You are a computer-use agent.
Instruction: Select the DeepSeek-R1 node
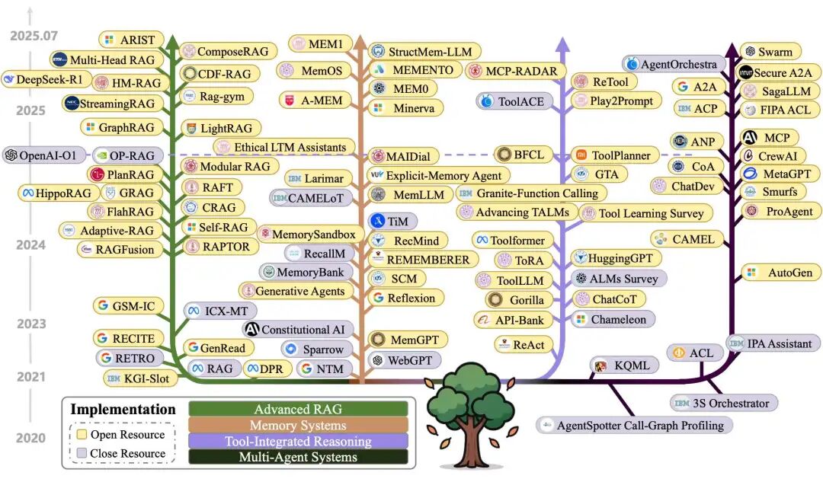click(45, 80)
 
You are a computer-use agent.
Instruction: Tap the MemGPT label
click(408, 340)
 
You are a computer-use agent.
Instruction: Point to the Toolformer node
click(512, 240)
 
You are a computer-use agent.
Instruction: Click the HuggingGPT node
click(615, 258)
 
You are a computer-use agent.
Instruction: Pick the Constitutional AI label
click(298, 330)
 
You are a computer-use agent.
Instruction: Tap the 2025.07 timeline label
click(34, 36)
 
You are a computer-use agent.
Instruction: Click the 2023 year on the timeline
click(31, 324)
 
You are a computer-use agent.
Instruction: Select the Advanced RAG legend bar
click(298, 409)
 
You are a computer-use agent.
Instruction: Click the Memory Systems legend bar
click(298, 426)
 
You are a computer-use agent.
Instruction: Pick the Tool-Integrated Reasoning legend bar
click(298, 442)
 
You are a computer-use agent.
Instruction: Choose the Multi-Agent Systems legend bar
click(298, 458)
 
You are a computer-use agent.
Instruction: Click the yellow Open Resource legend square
click(82, 434)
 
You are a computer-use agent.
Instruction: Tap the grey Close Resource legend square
click(82, 453)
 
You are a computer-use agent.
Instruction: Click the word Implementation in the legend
click(123, 409)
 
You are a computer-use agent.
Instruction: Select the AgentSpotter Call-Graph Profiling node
click(634, 426)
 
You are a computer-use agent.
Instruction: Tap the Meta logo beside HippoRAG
click(27, 193)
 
